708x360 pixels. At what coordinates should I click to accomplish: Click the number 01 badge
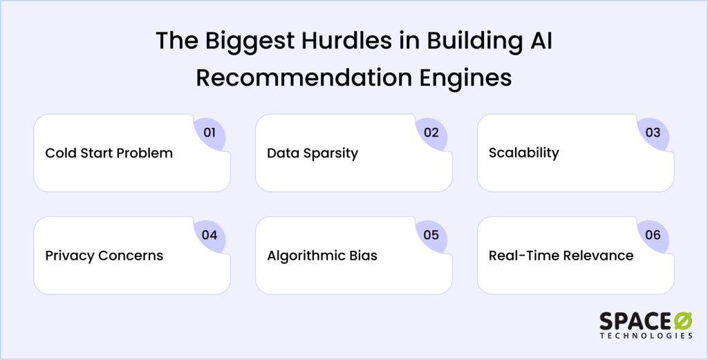coord(209,133)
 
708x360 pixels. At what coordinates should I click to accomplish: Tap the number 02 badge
coord(431,133)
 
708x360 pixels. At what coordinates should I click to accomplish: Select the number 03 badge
coord(653,133)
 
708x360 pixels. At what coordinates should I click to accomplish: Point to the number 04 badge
coord(209,235)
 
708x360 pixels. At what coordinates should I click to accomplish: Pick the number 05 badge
coord(431,235)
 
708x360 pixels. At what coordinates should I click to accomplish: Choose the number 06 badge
coord(653,235)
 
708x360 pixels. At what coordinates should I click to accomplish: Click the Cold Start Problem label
coord(109,153)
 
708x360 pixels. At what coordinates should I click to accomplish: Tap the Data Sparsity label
coord(313,153)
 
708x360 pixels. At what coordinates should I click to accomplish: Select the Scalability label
coord(524,153)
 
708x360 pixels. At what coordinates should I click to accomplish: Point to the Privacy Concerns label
coord(104,256)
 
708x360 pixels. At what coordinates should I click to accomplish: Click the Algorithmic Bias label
coord(322,256)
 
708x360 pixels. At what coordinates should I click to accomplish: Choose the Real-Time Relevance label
coord(561,256)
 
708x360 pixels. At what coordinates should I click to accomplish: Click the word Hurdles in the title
coord(347,41)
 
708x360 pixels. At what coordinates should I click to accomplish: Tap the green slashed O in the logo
coord(683,321)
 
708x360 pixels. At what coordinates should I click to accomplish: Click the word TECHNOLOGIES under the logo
coord(646,336)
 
